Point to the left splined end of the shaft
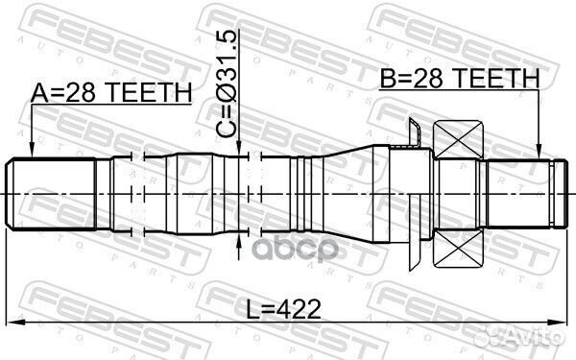(53, 193)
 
